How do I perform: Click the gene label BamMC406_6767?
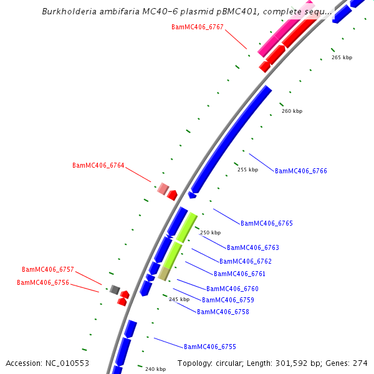click(197, 27)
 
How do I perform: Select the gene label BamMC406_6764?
click(98, 165)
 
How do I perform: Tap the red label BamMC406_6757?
click(48, 269)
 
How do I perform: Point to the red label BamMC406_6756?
click(43, 282)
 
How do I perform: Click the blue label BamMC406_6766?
click(301, 171)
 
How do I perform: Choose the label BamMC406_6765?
click(267, 223)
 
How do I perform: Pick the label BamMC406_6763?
click(253, 247)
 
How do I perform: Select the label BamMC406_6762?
click(246, 261)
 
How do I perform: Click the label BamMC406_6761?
click(240, 274)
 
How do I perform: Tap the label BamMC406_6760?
click(233, 289)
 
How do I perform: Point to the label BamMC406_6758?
click(223, 312)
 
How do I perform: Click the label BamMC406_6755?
click(210, 347)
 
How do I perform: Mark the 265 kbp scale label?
click(342, 57)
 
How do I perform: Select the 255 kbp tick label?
click(247, 170)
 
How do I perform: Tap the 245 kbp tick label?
click(179, 299)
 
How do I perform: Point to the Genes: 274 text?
click(352, 363)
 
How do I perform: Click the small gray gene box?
click(115, 289)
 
